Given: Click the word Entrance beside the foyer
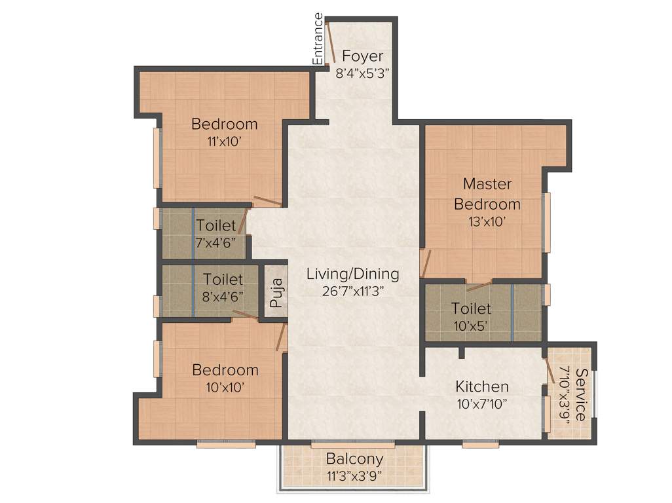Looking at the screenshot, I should [x=318, y=39].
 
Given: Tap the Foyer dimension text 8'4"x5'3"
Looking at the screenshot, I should [x=362, y=73].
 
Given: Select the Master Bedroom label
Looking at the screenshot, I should [x=487, y=193].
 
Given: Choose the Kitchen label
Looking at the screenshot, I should [x=482, y=386].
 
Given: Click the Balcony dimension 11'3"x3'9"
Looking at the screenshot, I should [x=354, y=475].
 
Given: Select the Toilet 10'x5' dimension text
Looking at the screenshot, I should [x=471, y=324].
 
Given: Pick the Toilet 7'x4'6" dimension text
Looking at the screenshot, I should [x=215, y=242].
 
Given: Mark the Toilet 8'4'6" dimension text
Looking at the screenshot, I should [x=222, y=295].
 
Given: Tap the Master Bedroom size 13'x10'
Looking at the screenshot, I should [x=487, y=221].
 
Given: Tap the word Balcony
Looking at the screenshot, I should [x=354, y=458].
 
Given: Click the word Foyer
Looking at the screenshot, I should [x=362, y=56].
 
